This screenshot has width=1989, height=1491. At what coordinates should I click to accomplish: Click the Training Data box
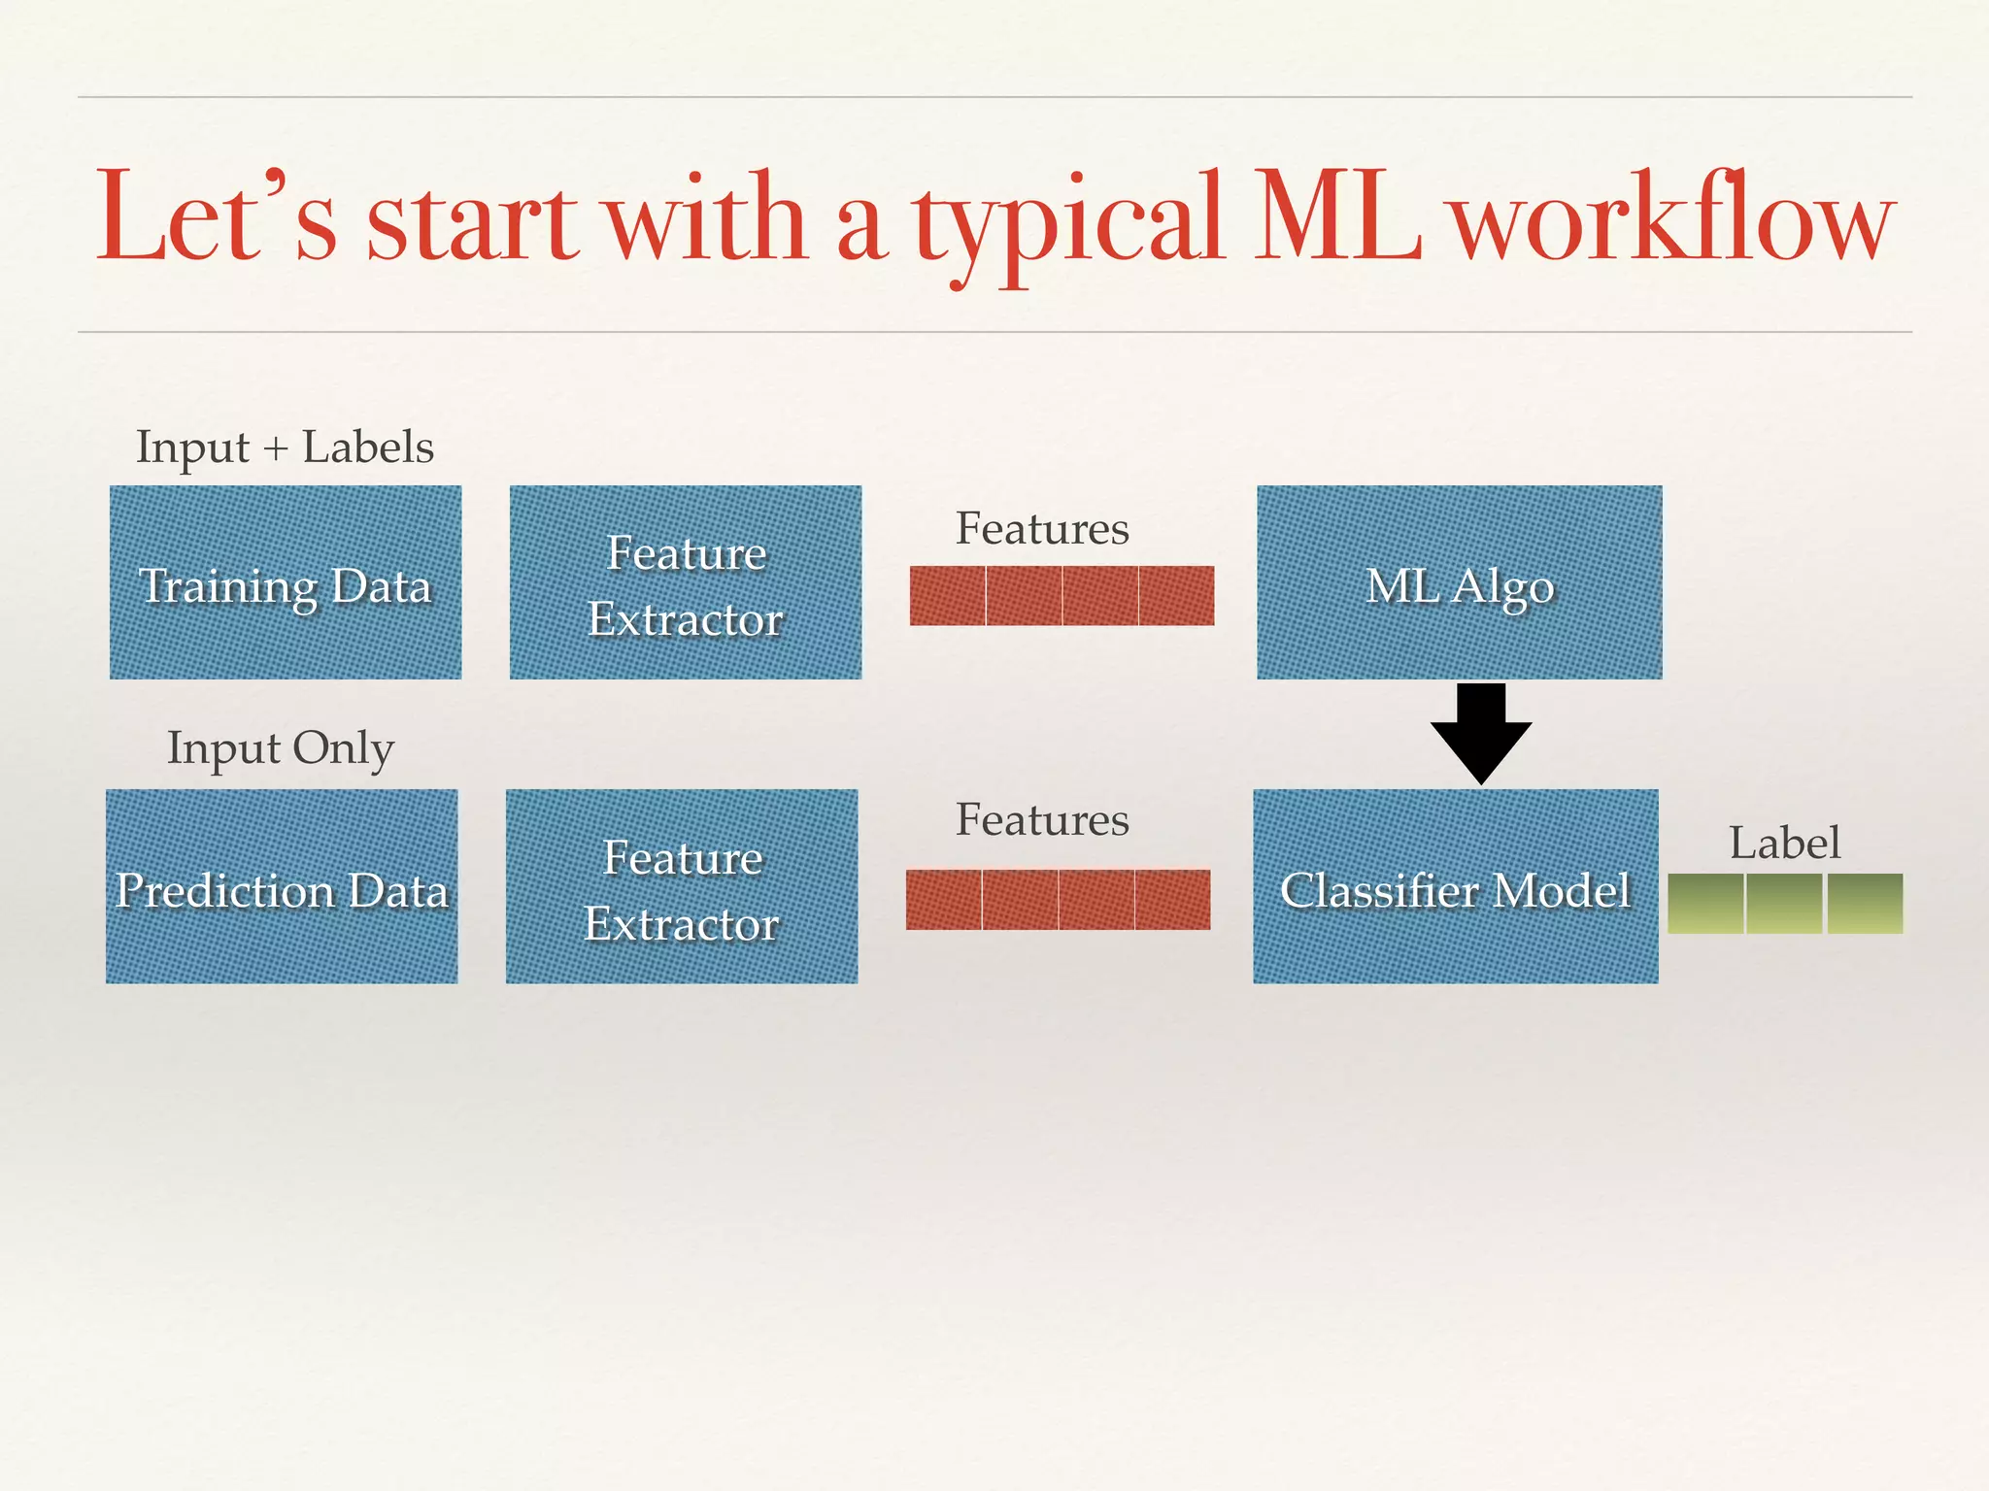click(x=285, y=582)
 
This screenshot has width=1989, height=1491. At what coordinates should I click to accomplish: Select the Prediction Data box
click(x=282, y=886)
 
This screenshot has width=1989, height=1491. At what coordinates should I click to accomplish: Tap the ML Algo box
click(x=1459, y=582)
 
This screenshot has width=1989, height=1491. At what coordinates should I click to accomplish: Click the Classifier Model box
click(x=1455, y=886)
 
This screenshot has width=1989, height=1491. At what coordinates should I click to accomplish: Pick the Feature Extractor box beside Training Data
click(x=685, y=582)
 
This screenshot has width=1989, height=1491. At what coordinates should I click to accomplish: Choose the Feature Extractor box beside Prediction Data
click(x=681, y=886)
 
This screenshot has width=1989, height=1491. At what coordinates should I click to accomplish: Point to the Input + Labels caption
click(x=285, y=447)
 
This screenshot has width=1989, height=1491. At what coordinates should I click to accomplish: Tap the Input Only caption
click(x=281, y=748)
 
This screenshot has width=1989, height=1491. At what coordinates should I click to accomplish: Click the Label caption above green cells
click(x=1784, y=842)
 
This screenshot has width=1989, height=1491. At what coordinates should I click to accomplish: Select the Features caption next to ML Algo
click(x=1042, y=529)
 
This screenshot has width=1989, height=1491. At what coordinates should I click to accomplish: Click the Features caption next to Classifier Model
click(x=1042, y=820)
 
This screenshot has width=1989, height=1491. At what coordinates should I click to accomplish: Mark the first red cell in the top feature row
click(x=947, y=595)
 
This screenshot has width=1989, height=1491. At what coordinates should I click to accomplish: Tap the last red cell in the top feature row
click(x=1176, y=595)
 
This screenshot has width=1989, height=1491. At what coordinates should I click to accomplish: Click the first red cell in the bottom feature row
click(x=943, y=900)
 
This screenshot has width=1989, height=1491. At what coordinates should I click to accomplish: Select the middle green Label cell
click(x=1785, y=904)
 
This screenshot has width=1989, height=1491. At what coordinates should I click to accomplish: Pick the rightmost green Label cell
click(x=1865, y=904)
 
